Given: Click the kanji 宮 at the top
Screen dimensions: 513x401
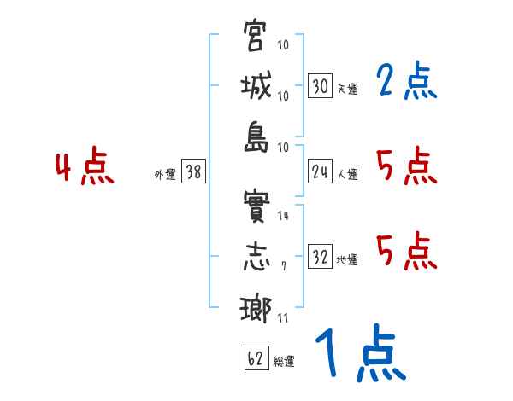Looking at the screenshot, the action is [255, 37].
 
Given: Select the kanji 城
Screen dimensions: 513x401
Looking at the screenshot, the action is [255, 86].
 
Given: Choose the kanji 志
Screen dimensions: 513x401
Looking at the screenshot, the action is [255, 257].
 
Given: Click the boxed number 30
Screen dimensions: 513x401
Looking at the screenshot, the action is [320, 85].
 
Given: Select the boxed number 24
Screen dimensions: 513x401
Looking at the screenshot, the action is [320, 172].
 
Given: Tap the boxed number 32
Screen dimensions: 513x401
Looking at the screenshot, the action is [320, 258].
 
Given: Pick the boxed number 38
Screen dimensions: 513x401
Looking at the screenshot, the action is [193, 172].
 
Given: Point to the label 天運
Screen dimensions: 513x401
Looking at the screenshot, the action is [346, 89].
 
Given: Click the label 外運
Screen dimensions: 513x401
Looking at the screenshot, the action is [164, 175].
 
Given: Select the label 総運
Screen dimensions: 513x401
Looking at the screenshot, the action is [284, 362].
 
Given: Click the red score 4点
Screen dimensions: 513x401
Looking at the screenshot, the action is [85, 167].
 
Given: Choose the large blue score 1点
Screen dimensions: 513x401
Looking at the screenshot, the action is [359, 355].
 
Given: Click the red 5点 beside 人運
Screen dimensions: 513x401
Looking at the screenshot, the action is [406, 166].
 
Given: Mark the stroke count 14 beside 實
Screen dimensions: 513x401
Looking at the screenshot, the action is [283, 216].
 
